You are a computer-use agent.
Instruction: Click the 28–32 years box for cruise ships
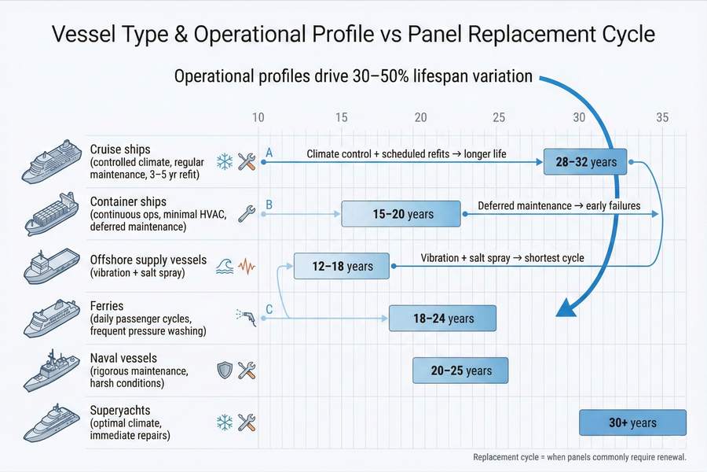(585, 161)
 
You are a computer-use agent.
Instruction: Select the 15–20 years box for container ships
(400, 213)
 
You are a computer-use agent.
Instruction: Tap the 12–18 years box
(343, 266)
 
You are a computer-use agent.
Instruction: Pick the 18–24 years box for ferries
(443, 318)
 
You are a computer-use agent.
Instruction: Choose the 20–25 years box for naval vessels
(461, 370)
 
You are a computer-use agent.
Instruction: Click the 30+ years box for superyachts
(632, 422)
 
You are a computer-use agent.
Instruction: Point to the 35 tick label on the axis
(661, 117)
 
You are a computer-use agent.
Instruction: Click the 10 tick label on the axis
(258, 117)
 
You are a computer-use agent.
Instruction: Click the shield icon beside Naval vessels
(224, 370)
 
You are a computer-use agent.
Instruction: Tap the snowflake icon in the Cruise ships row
(224, 161)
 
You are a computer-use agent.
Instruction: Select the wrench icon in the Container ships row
(246, 212)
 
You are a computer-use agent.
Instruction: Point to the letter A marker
(269, 152)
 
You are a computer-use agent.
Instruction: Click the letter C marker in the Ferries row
(269, 309)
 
